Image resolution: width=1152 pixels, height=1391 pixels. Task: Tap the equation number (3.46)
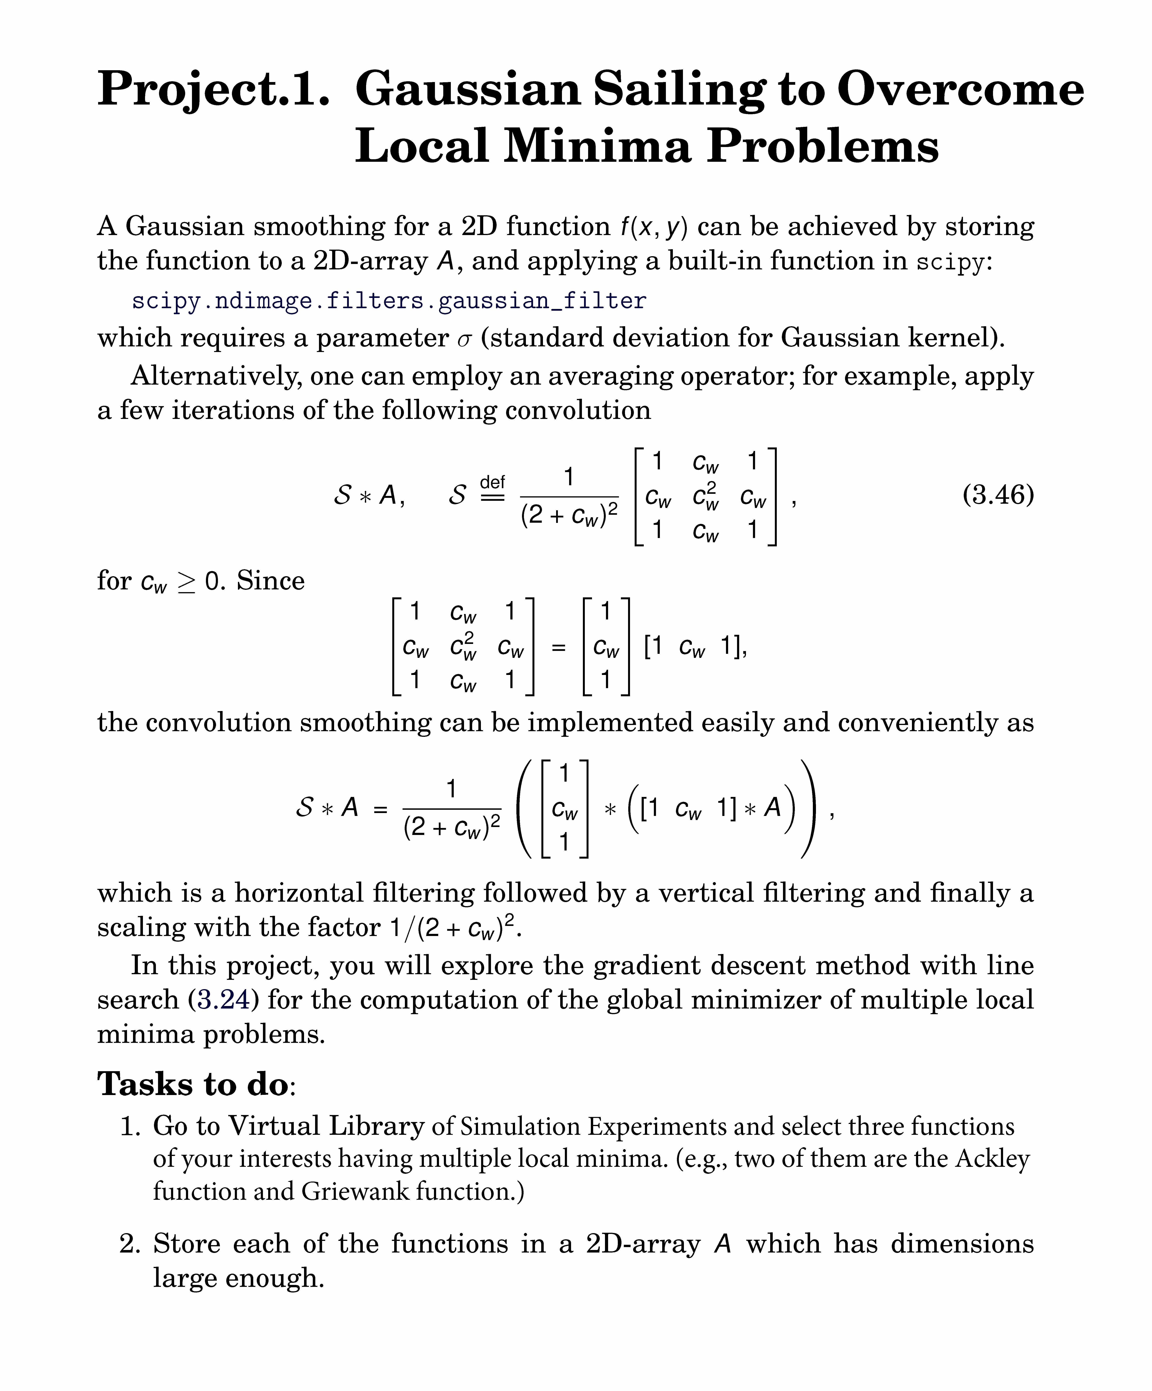[x=998, y=495]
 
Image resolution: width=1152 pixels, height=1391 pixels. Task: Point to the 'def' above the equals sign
[x=492, y=482]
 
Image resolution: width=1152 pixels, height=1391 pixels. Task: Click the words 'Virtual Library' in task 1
[x=326, y=1126]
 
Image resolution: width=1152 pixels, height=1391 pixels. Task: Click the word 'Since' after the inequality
[x=271, y=581]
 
